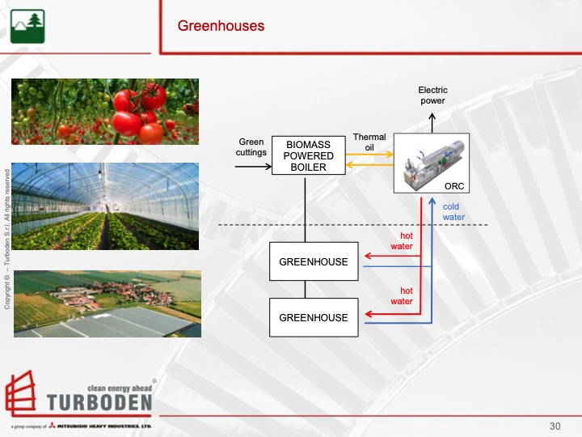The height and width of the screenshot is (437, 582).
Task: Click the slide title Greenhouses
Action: [x=221, y=26]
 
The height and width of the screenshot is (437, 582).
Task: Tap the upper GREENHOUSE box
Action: [x=313, y=262]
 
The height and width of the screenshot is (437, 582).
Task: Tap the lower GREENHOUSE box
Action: [x=313, y=317]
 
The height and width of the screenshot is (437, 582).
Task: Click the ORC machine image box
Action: [x=431, y=163]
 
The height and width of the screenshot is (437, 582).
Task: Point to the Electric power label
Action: [x=432, y=95]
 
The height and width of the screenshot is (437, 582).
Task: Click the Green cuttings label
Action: [x=251, y=147]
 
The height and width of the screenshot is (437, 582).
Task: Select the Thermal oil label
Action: [x=369, y=142]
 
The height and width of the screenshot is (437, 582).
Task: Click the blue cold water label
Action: [x=453, y=212]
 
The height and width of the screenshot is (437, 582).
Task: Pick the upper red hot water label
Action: [x=402, y=241]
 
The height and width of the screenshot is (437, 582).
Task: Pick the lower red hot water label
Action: [x=402, y=296]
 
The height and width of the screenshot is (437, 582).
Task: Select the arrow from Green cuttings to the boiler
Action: [x=252, y=167]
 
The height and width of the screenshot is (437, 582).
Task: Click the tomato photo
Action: [x=105, y=112]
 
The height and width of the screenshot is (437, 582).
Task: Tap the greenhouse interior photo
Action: [x=105, y=206]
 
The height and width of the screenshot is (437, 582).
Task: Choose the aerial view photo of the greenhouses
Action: [x=108, y=303]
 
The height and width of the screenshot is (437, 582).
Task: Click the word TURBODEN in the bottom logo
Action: [x=99, y=403]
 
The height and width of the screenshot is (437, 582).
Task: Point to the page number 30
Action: [x=555, y=426]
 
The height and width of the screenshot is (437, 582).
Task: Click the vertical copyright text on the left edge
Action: [x=6, y=239]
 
